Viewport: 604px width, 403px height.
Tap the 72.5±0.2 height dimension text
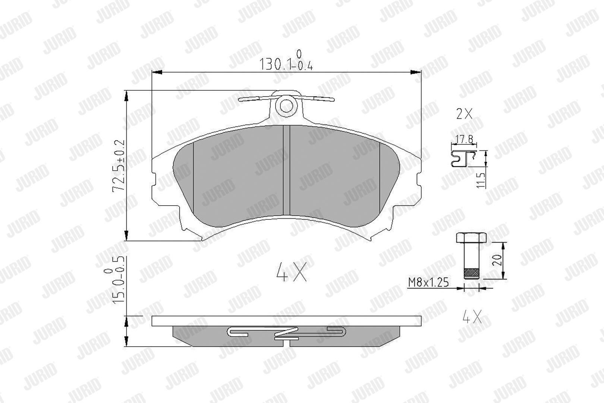(x=119, y=166)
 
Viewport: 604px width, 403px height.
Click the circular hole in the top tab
(x=286, y=106)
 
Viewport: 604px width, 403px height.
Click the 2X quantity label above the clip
(x=464, y=114)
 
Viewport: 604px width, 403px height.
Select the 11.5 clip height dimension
(x=481, y=180)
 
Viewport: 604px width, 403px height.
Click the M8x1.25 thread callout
(x=428, y=282)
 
